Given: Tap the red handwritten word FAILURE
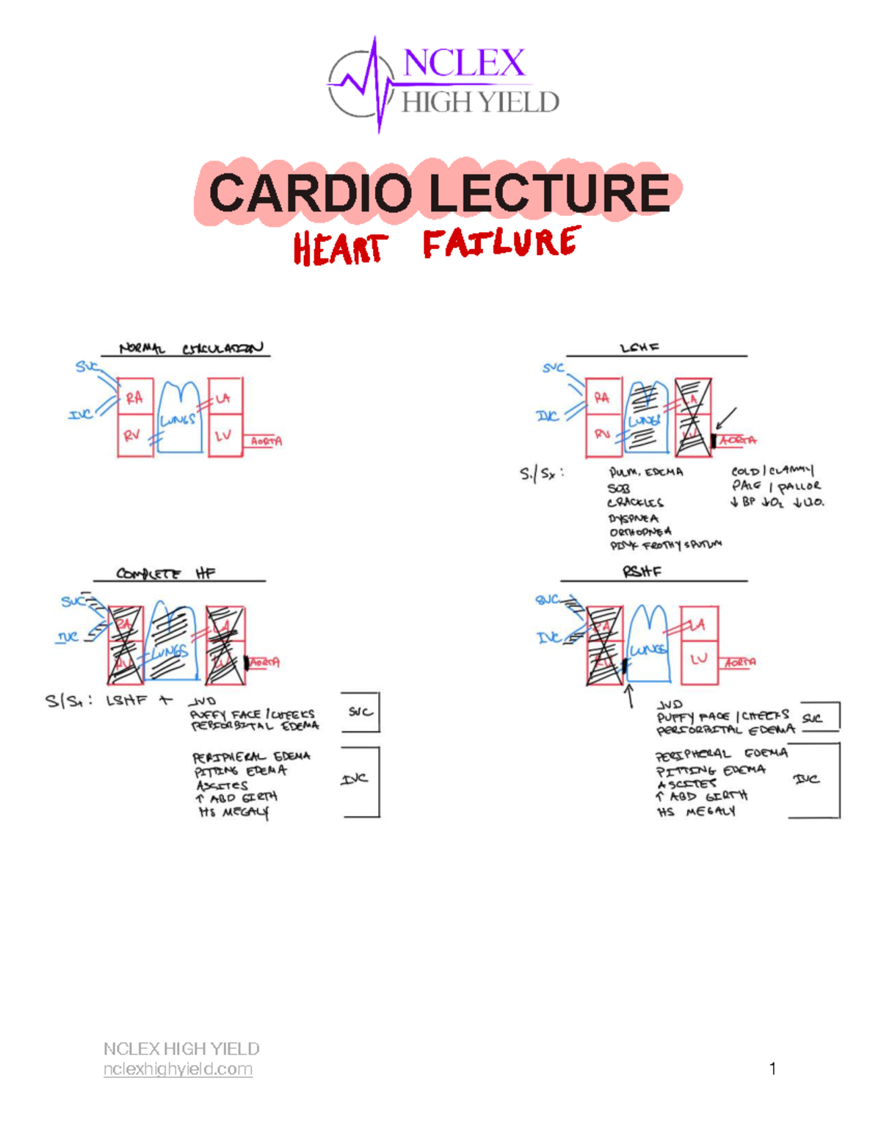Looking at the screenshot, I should pyautogui.click(x=501, y=243).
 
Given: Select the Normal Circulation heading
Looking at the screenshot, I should pyautogui.click(x=191, y=348).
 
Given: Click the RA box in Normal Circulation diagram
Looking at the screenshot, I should pyautogui.click(x=134, y=398).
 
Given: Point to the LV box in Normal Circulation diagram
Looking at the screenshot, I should pyautogui.click(x=224, y=436).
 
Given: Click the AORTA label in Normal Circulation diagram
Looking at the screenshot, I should pyautogui.click(x=266, y=442).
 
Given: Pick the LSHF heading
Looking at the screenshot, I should pyautogui.click(x=639, y=348).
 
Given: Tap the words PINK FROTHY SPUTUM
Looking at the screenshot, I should pyautogui.click(x=665, y=545).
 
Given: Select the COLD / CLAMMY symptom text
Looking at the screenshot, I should pyautogui.click(x=772, y=470).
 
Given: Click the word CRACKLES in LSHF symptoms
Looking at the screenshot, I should pyautogui.click(x=635, y=503).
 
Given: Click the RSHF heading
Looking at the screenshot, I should pyautogui.click(x=642, y=571).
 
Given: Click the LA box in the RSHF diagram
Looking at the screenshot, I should pyautogui.click(x=698, y=625).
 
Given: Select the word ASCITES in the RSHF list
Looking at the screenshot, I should pyautogui.click(x=686, y=783).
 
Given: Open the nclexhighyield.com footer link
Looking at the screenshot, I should pyautogui.click(x=178, y=1069).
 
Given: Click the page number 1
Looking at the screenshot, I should pyautogui.click(x=772, y=1069).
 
